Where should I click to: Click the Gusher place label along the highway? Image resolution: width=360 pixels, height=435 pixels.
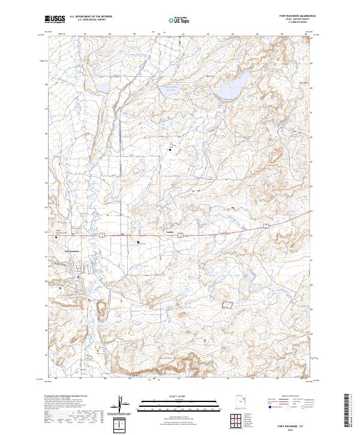tap(170, 232)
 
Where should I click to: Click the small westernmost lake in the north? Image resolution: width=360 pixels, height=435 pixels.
tap(101, 89)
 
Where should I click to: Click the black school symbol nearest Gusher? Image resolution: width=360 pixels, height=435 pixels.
tap(139, 242)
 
